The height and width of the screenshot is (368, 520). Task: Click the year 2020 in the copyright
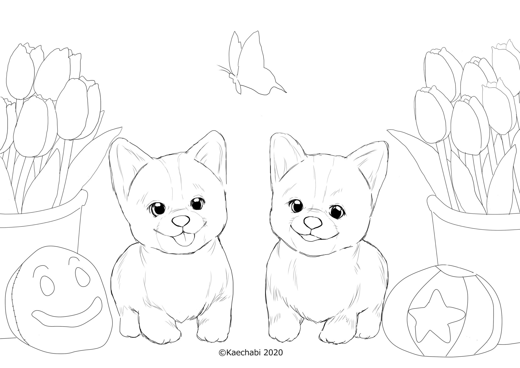coord(274,352)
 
